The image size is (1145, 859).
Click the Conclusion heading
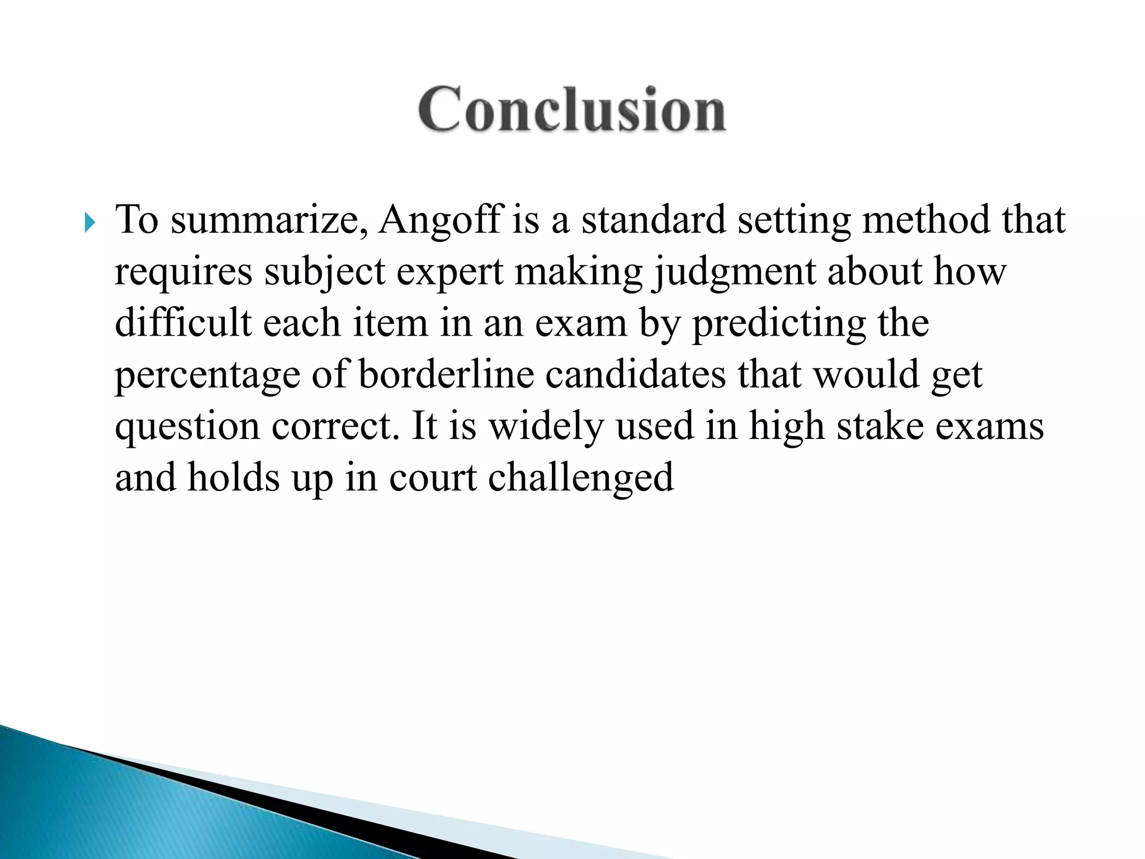click(x=572, y=110)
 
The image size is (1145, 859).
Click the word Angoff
click(x=441, y=219)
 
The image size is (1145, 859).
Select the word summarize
click(x=269, y=220)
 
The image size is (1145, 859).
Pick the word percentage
click(x=207, y=376)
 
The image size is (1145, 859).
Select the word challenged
click(x=581, y=478)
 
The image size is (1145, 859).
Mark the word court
click(x=433, y=478)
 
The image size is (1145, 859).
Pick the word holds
click(x=234, y=478)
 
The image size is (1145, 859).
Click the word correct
click(x=335, y=427)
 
